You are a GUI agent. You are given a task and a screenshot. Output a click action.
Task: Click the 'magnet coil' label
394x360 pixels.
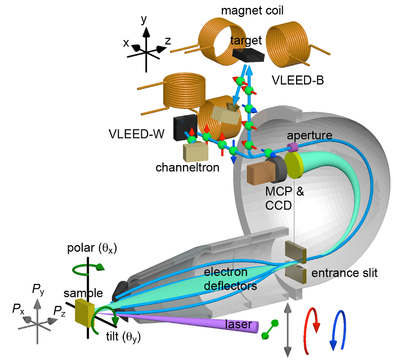point(252,11)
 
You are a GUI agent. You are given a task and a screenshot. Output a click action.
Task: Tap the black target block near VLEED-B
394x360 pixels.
point(249,55)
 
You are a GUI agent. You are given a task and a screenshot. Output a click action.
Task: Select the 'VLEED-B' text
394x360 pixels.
point(298,80)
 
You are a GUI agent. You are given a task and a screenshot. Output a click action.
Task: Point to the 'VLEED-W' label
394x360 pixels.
point(136,134)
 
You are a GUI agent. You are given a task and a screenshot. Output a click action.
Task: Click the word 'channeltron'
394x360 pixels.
point(187,167)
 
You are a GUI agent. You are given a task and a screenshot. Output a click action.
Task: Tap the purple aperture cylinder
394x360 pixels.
point(293,147)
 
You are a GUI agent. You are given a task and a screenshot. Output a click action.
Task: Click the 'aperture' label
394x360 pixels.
point(310,135)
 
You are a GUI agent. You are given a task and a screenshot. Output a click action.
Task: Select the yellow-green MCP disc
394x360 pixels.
point(294,165)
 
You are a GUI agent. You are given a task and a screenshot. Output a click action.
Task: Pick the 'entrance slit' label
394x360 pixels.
point(344,273)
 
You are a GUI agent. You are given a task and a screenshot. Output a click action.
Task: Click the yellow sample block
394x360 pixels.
point(84,313)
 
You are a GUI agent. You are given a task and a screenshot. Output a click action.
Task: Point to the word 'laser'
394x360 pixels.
point(239,324)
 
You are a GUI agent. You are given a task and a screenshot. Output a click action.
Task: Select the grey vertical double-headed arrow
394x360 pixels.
point(288,330)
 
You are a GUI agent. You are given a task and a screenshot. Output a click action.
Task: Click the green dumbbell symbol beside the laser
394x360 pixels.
point(270,330)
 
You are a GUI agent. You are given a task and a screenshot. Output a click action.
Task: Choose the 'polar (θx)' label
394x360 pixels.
point(92,248)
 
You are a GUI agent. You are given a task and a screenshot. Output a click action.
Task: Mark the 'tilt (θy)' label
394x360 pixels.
point(123,336)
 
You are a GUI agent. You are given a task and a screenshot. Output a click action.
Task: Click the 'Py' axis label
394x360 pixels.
point(38,290)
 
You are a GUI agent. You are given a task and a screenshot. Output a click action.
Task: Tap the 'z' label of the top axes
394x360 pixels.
point(168,41)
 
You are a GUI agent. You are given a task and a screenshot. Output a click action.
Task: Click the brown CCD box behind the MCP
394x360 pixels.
point(260,173)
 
